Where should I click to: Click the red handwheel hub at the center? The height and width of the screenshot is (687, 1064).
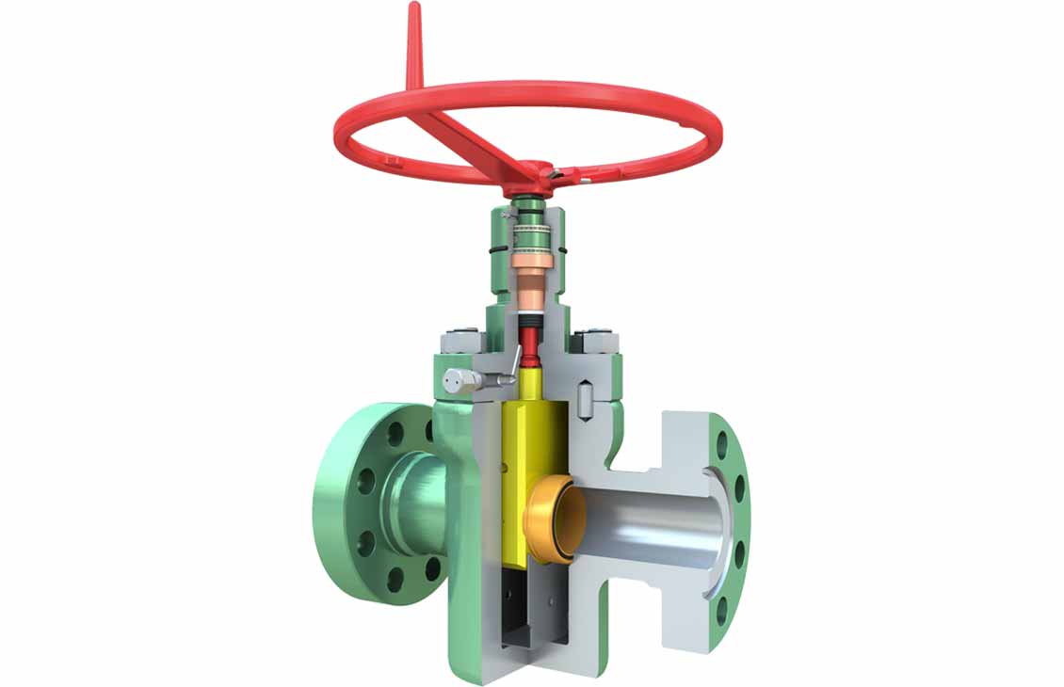[x=536, y=174]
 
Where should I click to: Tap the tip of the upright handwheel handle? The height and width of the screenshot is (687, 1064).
[x=412, y=11]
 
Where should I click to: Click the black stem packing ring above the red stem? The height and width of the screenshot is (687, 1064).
[x=533, y=321]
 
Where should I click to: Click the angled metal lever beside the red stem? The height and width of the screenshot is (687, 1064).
[x=512, y=361]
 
